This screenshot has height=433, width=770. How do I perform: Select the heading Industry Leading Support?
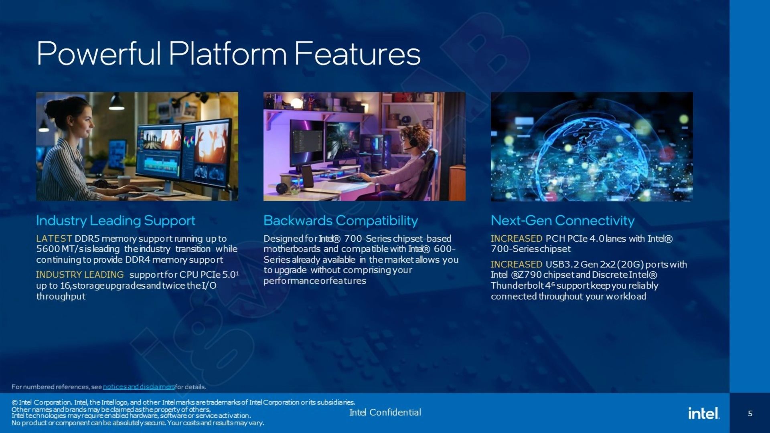point(115,221)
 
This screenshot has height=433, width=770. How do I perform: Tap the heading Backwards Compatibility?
point(340,221)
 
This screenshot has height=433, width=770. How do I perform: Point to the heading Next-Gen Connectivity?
point(563,221)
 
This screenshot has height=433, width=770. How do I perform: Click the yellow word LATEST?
point(54,239)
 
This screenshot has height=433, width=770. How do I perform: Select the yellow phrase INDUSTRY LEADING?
point(80,275)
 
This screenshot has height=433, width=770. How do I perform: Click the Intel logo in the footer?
point(704,413)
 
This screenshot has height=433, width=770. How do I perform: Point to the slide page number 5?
point(750,413)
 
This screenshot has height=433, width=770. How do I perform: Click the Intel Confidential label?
point(385,413)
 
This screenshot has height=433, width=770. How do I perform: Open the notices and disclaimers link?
point(139,387)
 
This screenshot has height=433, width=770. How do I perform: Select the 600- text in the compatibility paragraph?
point(445,249)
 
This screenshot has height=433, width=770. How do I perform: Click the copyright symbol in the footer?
point(14,403)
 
